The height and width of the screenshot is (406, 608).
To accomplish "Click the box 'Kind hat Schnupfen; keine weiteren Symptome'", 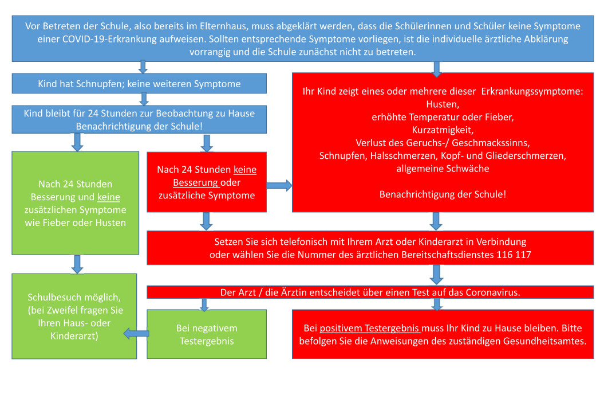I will click(139, 84).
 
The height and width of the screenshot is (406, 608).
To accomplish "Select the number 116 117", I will click(511, 255).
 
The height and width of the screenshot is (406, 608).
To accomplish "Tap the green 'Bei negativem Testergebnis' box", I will click(207, 334).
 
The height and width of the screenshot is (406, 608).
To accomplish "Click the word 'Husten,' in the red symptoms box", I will click(443, 104).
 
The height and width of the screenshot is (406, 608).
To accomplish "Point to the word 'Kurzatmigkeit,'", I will click(443, 130).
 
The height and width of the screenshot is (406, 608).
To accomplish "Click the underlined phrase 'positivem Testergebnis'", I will click(370, 329).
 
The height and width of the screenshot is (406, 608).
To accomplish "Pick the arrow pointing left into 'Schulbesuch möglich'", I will click(135, 334).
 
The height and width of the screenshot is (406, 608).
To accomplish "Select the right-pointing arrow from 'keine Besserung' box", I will click(279, 185).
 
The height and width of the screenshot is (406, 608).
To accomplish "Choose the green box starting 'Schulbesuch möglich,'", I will click(74, 317).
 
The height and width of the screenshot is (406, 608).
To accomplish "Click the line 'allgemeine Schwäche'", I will click(443, 169).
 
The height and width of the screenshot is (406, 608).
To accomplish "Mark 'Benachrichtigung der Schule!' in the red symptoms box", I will click(443, 194).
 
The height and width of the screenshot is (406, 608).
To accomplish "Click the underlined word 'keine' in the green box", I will click(109, 197).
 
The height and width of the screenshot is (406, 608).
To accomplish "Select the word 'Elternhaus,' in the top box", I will click(235, 26).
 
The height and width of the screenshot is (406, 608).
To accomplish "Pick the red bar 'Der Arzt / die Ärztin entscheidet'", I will click(370, 292).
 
